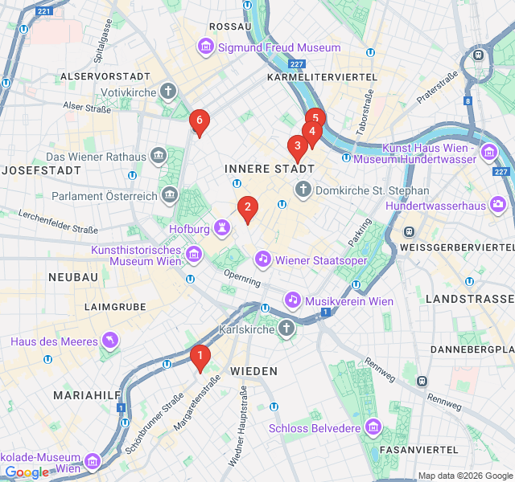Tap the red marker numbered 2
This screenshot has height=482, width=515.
tap(248, 208)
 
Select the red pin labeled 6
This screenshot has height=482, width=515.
tap(199, 122)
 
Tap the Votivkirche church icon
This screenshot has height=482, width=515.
tap(168, 90)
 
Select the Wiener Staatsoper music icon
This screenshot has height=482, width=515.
tap(263, 259)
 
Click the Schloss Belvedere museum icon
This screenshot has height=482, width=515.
tap(372, 427)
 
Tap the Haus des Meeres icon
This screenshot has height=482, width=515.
tap(109, 341)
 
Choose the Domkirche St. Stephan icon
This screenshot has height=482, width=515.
tap(303, 190)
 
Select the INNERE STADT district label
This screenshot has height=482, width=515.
tap(270, 170)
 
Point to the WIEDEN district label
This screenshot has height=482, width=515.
tap(253, 371)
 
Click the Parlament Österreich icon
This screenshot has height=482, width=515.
tap(169, 194)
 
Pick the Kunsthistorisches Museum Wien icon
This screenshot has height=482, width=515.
tap(193, 255)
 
